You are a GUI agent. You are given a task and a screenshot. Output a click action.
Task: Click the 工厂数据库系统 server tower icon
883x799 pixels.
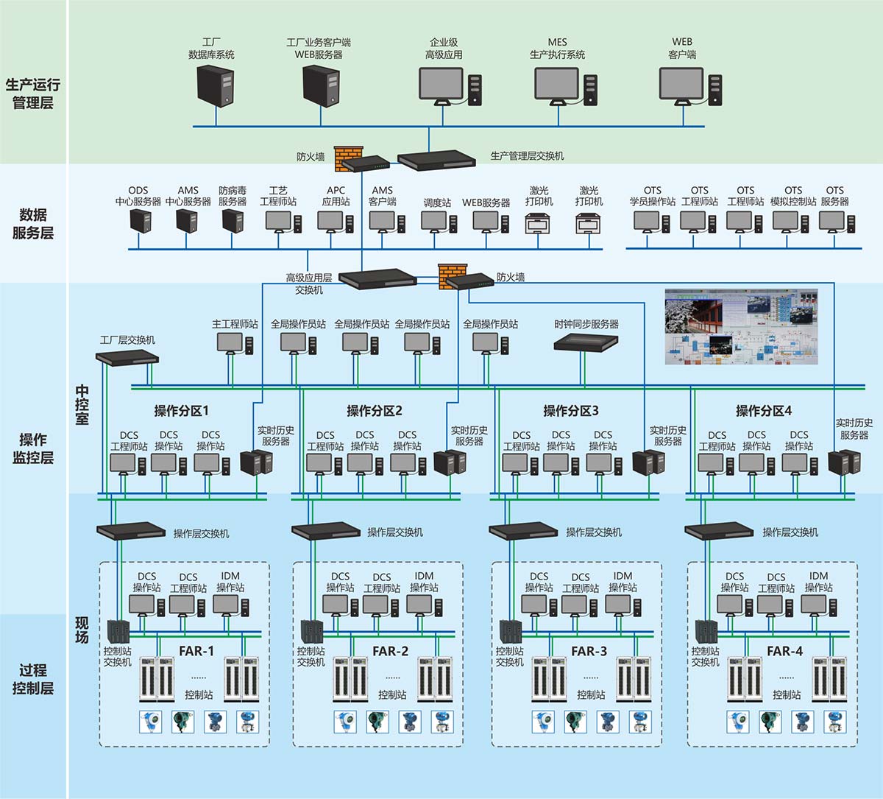pyautogui.click(x=215, y=85)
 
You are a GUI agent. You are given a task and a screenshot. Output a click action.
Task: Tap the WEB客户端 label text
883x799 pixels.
pyautogui.click(x=682, y=49)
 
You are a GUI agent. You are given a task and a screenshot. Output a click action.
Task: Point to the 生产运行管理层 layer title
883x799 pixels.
pyautogui.click(x=33, y=94)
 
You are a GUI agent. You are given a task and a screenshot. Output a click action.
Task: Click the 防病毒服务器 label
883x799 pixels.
pyautogui.click(x=233, y=196)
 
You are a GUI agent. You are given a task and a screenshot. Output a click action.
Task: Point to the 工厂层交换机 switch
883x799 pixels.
pyautogui.click(x=127, y=356)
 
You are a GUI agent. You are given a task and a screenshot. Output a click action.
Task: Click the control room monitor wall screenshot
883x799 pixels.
pyautogui.click(x=741, y=326)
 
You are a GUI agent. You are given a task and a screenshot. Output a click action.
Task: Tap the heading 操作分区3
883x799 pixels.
pyautogui.click(x=571, y=411)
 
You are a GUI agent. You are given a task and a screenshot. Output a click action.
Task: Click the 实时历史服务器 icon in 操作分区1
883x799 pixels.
pyautogui.click(x=257, y=462)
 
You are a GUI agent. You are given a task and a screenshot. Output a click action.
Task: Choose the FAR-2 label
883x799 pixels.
pyautogui.click(x=390, y=651)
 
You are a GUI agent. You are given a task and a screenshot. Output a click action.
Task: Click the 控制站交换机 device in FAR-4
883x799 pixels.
pyautogui.click(x=706, y=631)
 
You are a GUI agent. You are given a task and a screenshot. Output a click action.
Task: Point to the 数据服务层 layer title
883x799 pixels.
pyautogui.click(x=33, y=224)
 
